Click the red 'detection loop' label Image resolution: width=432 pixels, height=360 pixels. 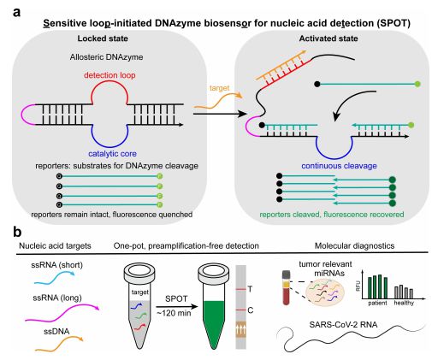click(x=109, y=75)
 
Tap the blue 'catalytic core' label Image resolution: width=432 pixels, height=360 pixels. click(x=112, y=154)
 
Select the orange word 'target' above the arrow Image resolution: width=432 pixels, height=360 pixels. click(x=219, y=88)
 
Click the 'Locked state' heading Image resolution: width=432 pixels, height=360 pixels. click(x=103, y=38)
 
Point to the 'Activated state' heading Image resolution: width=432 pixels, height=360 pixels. click(x=328, y=38)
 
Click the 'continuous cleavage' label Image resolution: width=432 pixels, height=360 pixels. click(x=339, y=166)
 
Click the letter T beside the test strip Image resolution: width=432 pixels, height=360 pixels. click(x=250, y=289)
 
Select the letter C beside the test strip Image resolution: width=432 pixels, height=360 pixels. click(x=251, y=310)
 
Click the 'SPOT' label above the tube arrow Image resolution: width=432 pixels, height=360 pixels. click(x=176, y=298)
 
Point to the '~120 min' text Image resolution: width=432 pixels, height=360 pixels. click(x=174, y=313)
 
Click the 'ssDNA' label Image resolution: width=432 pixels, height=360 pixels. click(x=56, y=332)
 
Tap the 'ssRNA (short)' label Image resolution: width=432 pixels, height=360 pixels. click(x=57, y=265)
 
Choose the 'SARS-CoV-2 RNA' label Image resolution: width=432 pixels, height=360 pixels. click(x=343, y=325)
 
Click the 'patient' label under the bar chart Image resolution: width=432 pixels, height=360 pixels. click(x=377, y=303)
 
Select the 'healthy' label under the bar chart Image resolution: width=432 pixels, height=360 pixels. click(x=404, y=303)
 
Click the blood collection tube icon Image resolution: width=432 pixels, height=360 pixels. click(x=286, y=288)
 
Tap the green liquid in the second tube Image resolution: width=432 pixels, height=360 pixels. click(x=214, y=319)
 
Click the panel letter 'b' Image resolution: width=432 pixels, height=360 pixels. click(x=17, y=233)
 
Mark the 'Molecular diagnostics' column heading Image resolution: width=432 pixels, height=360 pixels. click(x=354, y=245)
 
